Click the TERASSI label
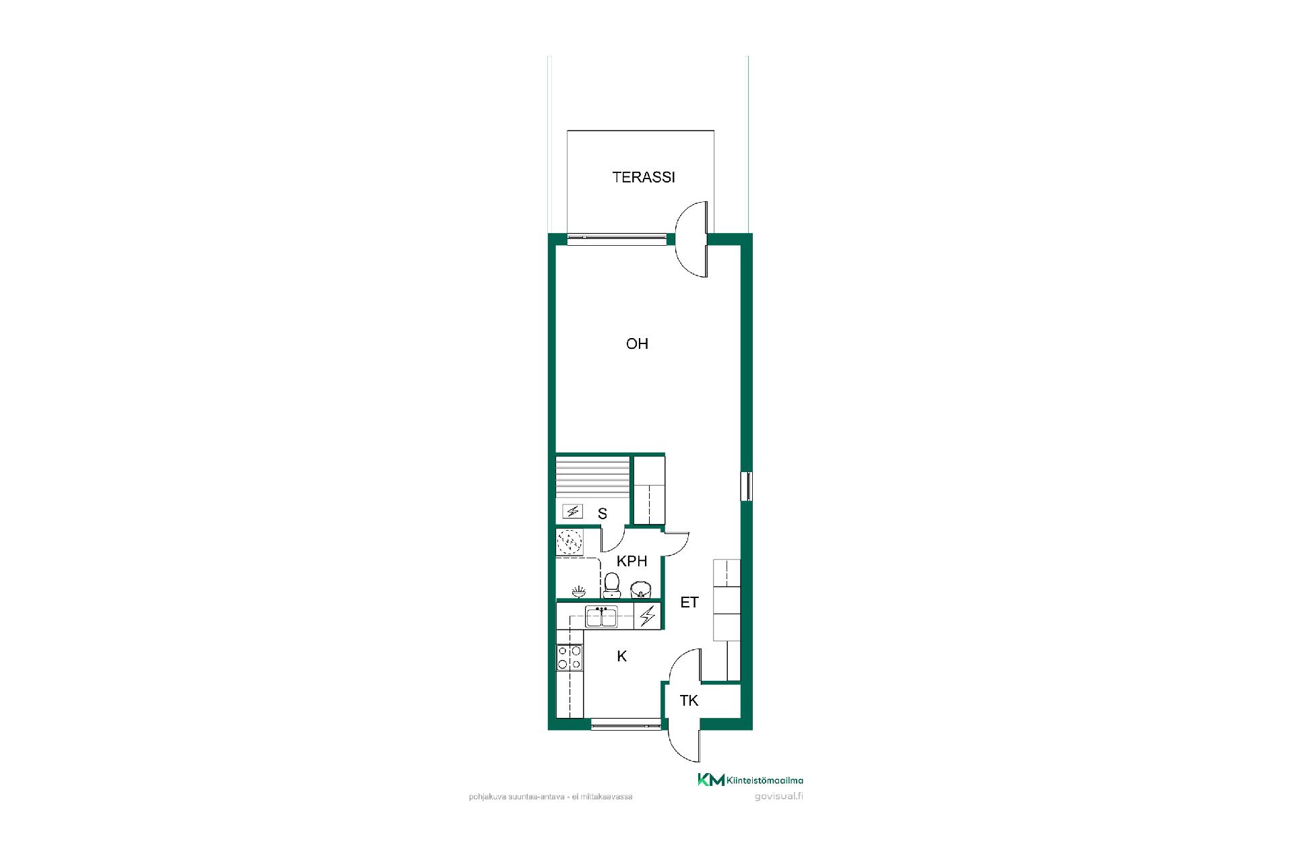pos(644,178)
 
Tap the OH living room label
pos(637,344)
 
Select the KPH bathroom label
pos(632,561)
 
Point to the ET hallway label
pos(689,603)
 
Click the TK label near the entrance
pos(689,701)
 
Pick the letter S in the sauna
pos(603,514)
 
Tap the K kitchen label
pos(622,656)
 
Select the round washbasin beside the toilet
pos(641,590)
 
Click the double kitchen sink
pos(601,616)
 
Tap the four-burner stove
pos(569,667)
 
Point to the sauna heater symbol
pos(573,512)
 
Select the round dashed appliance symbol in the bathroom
pos(569,541)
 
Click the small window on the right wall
pos(747,487)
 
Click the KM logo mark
pos(711,780)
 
